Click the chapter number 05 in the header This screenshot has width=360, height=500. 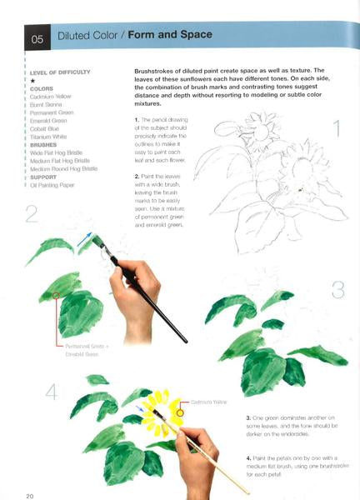37,37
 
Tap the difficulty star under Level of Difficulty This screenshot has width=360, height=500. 32,81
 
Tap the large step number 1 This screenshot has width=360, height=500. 337,129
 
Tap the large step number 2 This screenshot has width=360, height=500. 31,214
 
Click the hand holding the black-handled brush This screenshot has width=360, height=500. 140,296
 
